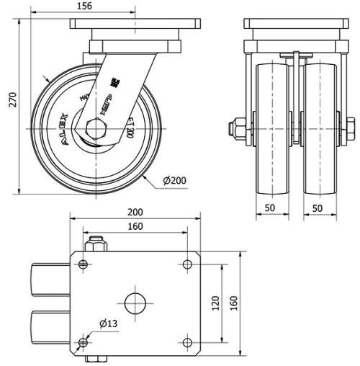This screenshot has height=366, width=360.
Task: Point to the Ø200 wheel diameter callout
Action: pyautogui.click(x=175, y=179)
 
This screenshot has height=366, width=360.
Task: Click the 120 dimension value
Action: pyautogui.click(x=215, y=304)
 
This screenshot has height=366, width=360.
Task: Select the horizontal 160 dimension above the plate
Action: pyautogui.click(x=135, y=226)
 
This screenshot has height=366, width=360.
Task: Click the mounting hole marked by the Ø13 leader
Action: pyautogui.click(x=84, y=341)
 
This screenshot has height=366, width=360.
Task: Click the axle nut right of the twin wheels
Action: pyautogui.click(x=350, y=129)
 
